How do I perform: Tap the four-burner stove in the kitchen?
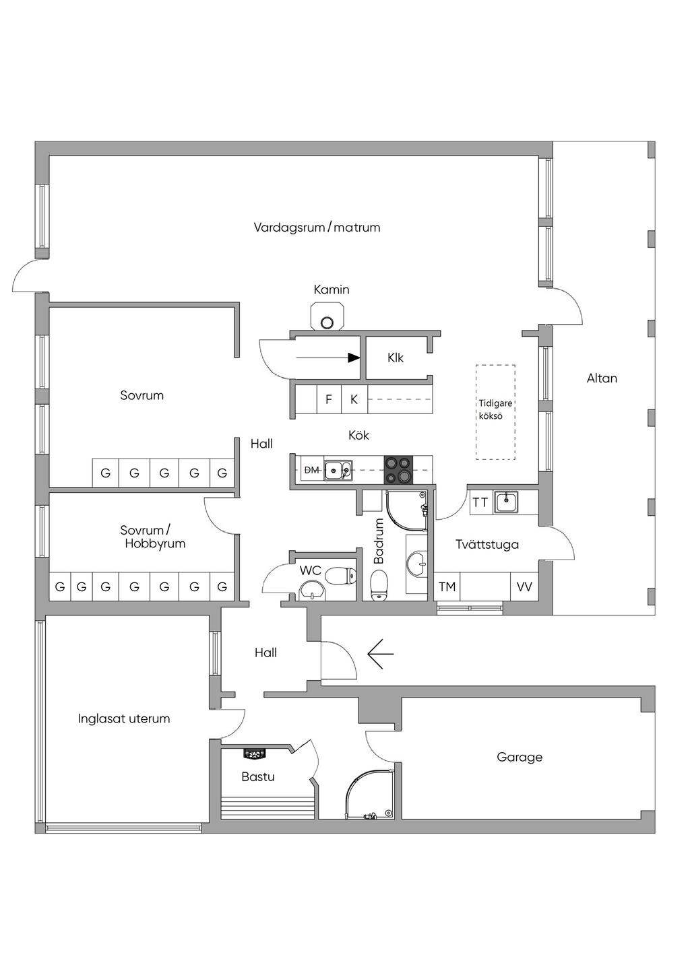tap(398, 469)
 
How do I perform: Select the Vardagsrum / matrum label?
tap(317, 227)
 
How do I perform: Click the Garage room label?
tap(520, 757)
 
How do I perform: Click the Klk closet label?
tap(395, 358)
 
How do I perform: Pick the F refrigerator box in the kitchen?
tap(329, 399)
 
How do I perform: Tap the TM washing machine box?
tap(447, 586)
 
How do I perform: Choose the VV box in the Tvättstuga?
tap(524, 586)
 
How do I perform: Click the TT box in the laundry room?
tap(481, 502)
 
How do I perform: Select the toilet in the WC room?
tap(341, 576)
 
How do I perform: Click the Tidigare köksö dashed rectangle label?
tap(495, 409)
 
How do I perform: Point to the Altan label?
tap(602, 378)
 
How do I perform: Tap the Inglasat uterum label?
tap(124, 718)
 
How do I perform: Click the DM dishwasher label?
tap(311, 470)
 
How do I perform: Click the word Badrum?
tap(379, 541)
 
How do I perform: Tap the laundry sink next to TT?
tap(506, 502)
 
